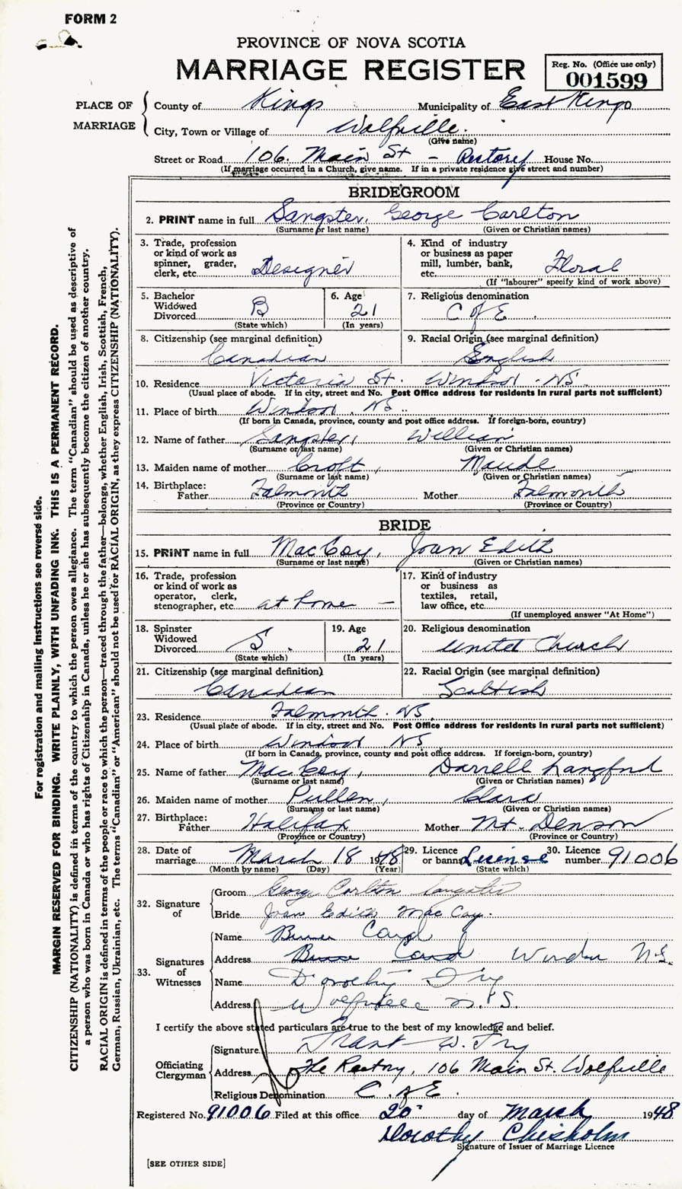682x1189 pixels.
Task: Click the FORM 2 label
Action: click(91, 19)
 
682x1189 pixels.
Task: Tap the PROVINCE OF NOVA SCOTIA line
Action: click(351, 43)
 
